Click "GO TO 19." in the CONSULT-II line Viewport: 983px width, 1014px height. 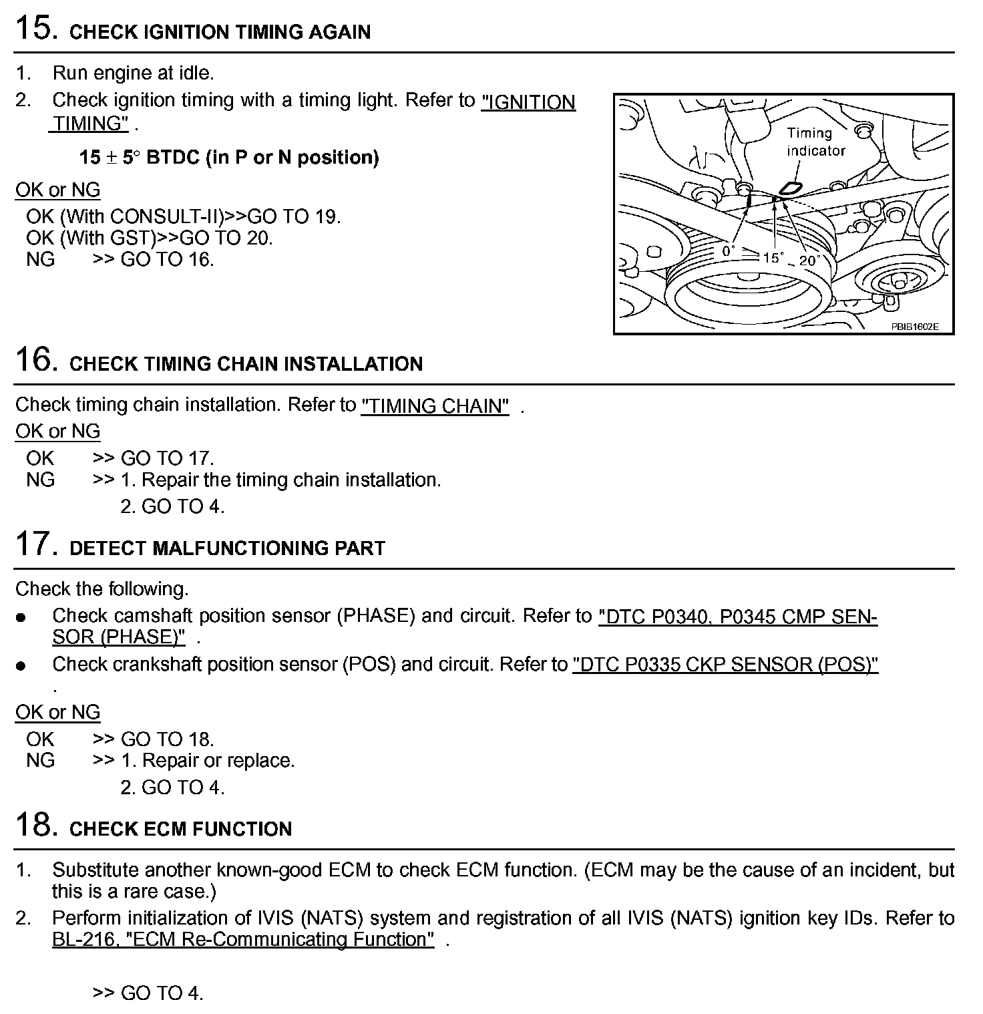point(294,216)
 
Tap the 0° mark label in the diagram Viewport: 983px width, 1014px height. point(728,251)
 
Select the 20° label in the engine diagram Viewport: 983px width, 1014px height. point(809,261)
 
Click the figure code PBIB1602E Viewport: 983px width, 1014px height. point(914,327)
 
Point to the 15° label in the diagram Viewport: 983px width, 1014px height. point(773,257)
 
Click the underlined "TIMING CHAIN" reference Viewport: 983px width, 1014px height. point(435,405)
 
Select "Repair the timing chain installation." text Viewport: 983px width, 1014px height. point(291,480)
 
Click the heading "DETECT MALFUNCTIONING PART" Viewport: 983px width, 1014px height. point(227,548)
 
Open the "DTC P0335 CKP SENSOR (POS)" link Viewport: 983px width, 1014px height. point(725,665)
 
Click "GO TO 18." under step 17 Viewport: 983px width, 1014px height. point(167,739)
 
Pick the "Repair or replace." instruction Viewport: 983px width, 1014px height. point(218,761)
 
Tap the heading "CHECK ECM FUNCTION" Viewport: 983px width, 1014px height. point(180,829)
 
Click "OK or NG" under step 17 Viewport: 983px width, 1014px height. point(58,712)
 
